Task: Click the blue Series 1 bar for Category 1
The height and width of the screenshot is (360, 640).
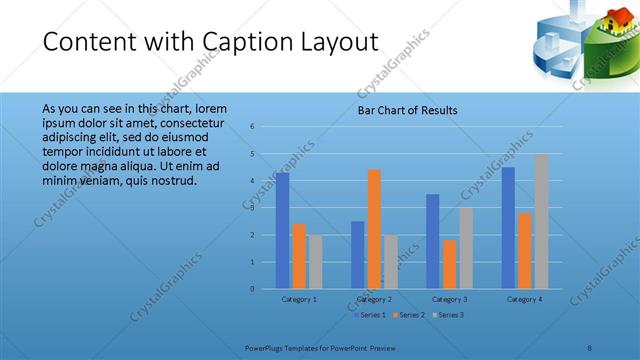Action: [x=283, y=231]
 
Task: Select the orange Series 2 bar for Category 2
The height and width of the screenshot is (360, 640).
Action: [x=374, y=229]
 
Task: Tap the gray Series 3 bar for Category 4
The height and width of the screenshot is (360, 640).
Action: [x=541, y=221]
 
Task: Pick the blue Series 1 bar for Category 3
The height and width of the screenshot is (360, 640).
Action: [x=433, y=241]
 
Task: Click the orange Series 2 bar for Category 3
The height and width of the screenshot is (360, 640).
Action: [x=449, y=264]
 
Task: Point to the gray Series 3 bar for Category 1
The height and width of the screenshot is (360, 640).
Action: [x=315, y=262]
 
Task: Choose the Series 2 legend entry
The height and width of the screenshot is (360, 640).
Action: [x=410, y=315]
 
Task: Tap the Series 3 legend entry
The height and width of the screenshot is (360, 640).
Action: [x=448, y=315]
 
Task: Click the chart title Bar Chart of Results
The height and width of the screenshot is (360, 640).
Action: [x=408, y=110]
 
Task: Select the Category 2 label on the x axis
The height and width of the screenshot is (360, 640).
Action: [x=374, y=299]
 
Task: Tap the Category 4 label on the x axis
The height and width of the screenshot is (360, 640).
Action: [x=524, y=299]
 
